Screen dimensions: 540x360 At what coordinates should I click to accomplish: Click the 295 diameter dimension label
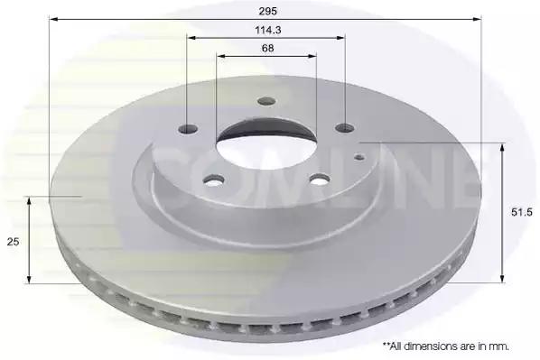[x=268, y=12]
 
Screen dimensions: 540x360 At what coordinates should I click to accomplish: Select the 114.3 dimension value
[x=268, y=31]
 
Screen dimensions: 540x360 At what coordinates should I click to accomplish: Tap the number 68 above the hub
[x=268, y=48]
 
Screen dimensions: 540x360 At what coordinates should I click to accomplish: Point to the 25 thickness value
[x=13, y=242]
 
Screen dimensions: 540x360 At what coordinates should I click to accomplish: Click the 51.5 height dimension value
[x=521, y=212]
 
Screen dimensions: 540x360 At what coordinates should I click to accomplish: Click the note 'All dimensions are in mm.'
[x=446, y=346]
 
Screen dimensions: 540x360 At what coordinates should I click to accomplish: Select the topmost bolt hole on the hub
[x=267, y=101]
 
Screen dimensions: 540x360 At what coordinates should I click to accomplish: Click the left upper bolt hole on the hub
[x=189, y=129]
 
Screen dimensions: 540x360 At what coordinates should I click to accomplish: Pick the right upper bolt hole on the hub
[x=345, y=128]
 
